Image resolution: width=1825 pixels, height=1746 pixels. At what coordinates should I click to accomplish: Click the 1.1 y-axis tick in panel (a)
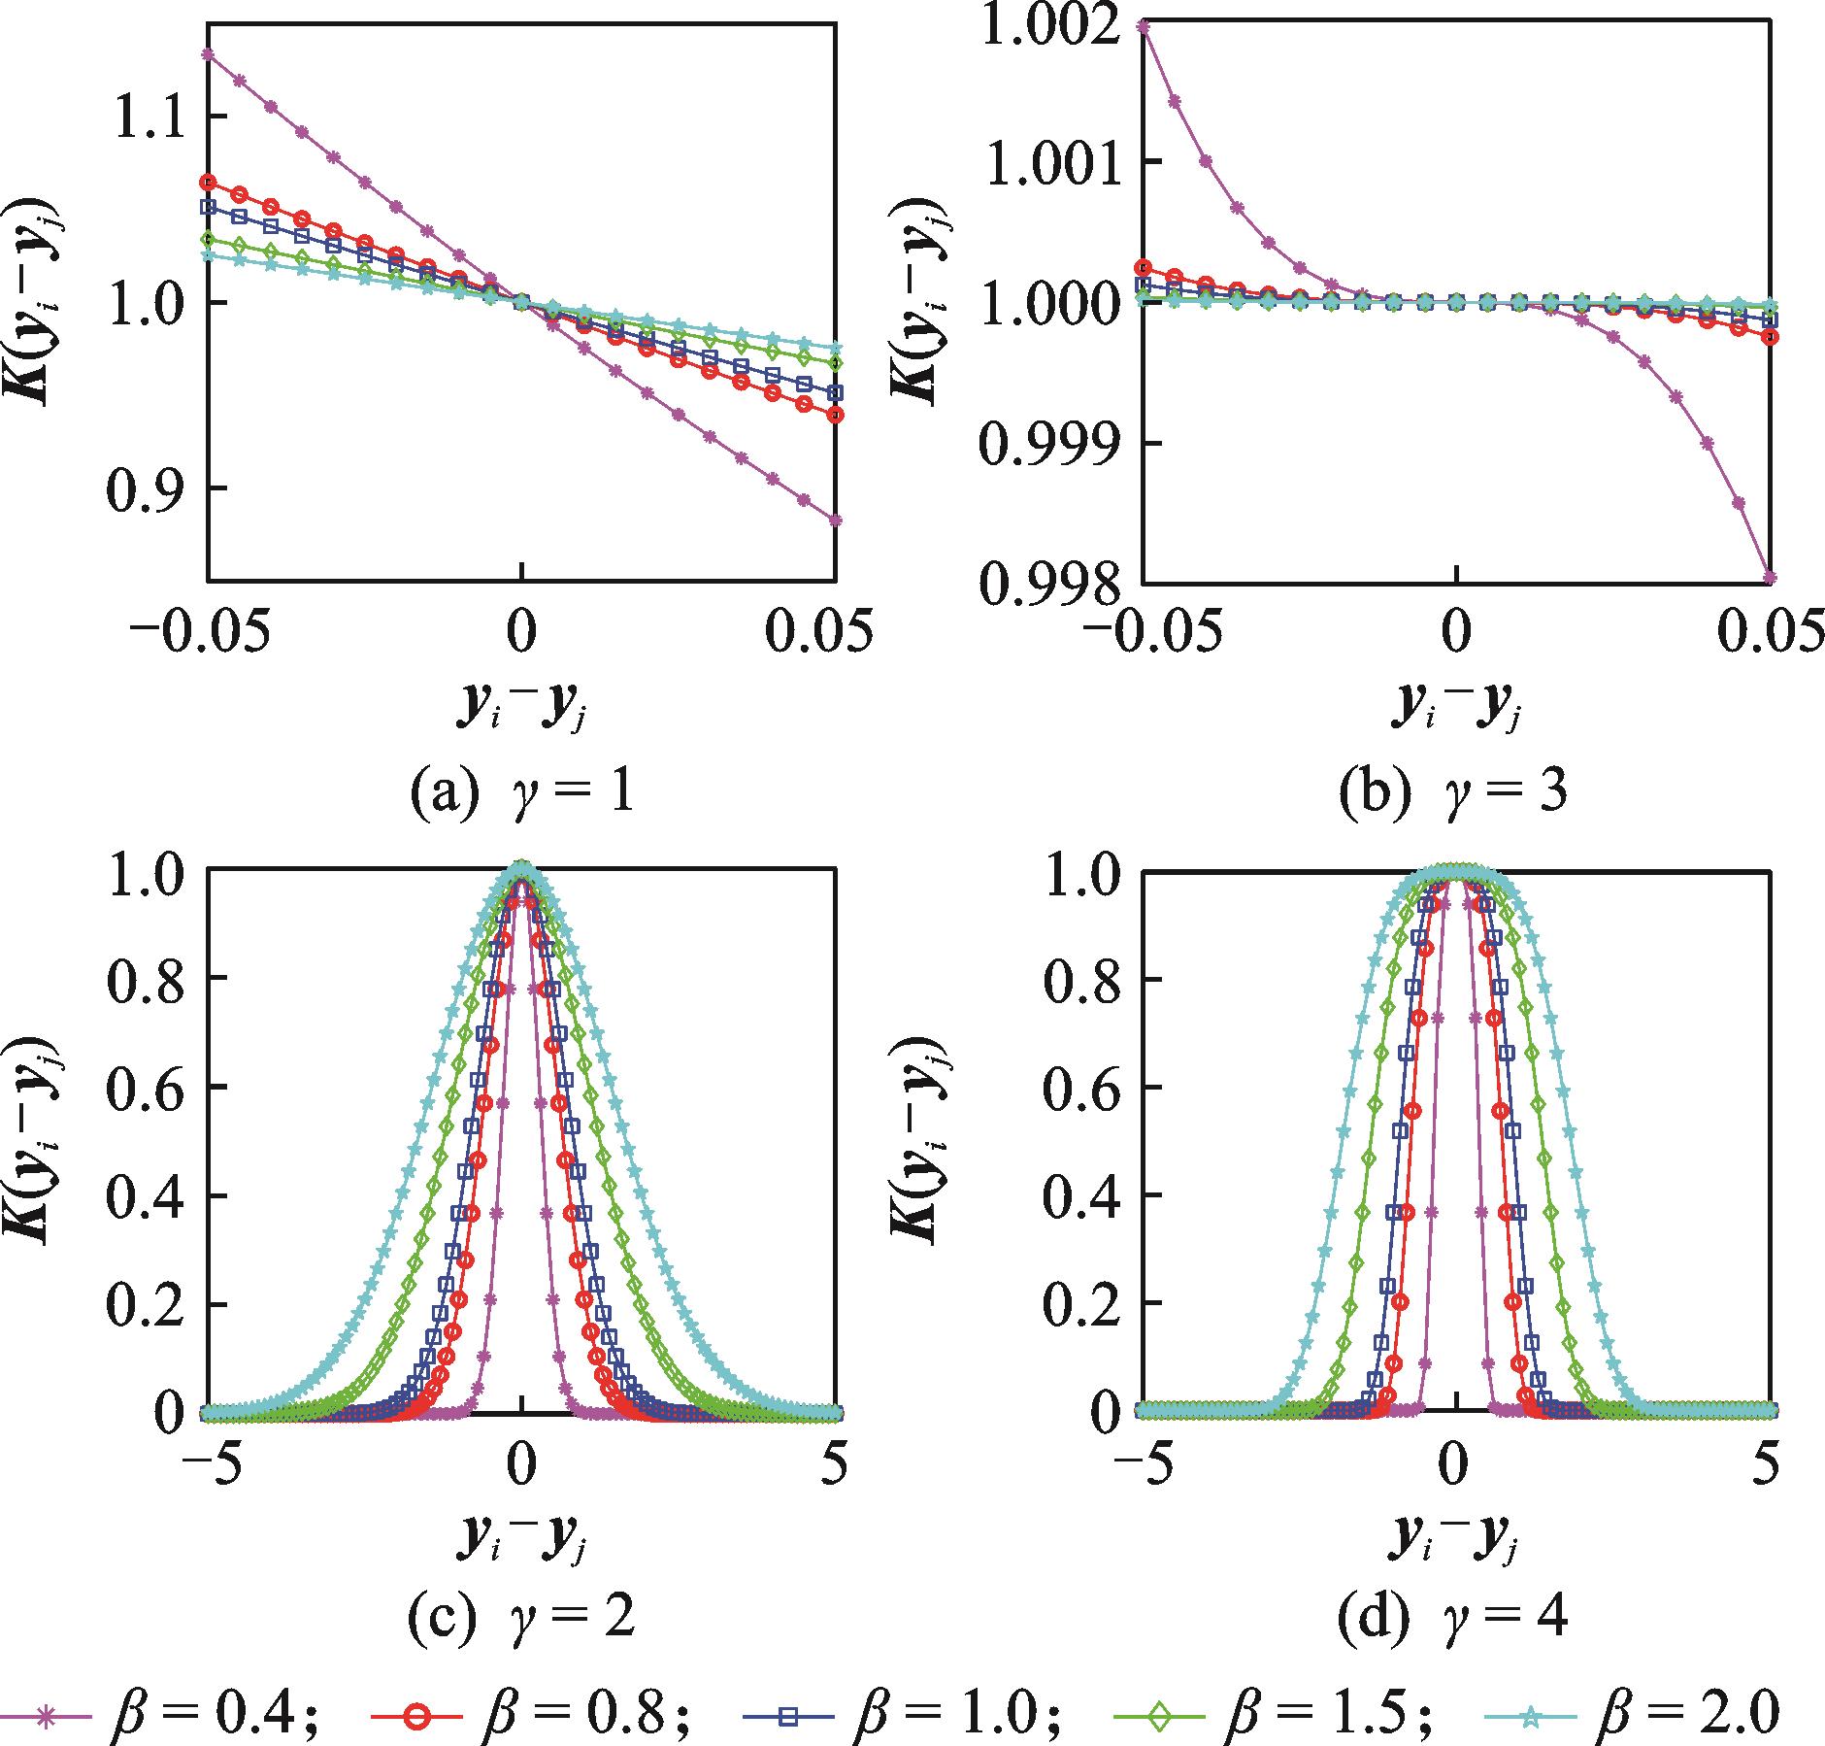tap(154, 117)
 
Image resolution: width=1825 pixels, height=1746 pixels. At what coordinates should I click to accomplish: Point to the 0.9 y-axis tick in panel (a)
tap(154, 487)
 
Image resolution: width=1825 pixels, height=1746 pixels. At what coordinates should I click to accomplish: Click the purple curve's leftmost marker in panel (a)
tap(208, 53)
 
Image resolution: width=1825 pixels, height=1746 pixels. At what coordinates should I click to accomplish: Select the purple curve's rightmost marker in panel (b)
tap(1770, 578)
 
